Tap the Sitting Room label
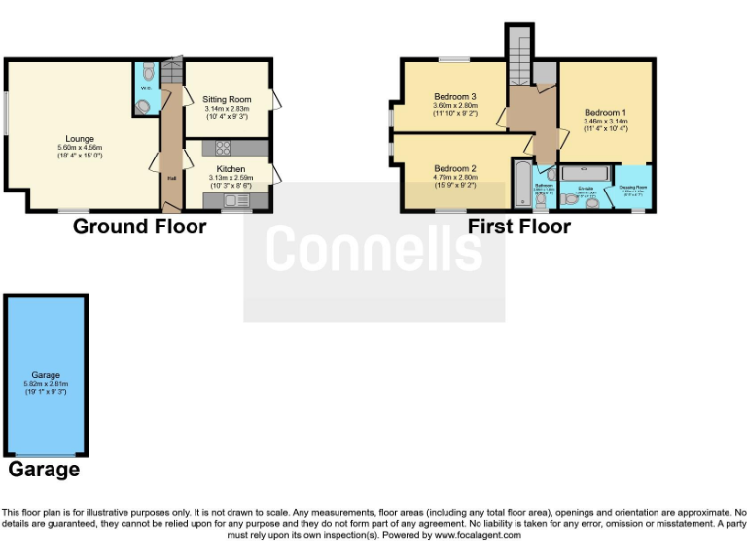click(227, 99)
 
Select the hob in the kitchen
click(221, 148)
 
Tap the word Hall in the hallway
click(172, 178)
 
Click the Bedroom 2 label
click(454, 167)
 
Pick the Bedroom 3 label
click(454, 97)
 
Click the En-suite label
click(586, 187)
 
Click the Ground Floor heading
click(140, 227)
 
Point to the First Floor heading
click(518, 227)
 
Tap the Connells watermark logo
click(373, 249)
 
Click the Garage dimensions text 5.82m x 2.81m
click(46, 383)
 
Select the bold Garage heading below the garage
click(44, 471)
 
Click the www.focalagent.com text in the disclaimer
click(478, 535)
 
